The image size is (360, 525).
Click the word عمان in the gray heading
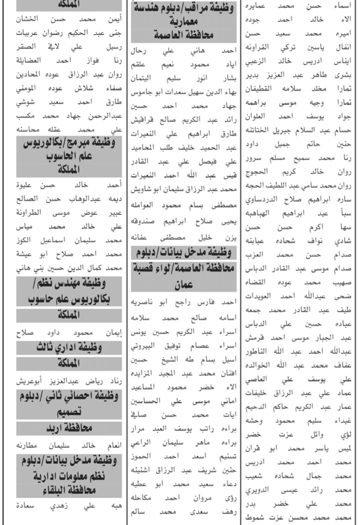pos(183,284)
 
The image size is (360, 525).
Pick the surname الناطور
pos(259,351)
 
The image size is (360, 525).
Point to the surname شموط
pos(257,518)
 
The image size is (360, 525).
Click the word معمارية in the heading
pos(184,22)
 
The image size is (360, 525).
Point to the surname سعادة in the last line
pos(27,506)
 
